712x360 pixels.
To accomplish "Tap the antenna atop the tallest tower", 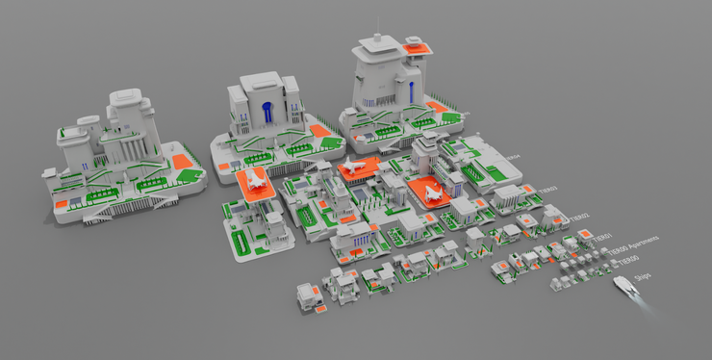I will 380,27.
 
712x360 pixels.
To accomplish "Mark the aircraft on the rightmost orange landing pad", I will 432,192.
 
